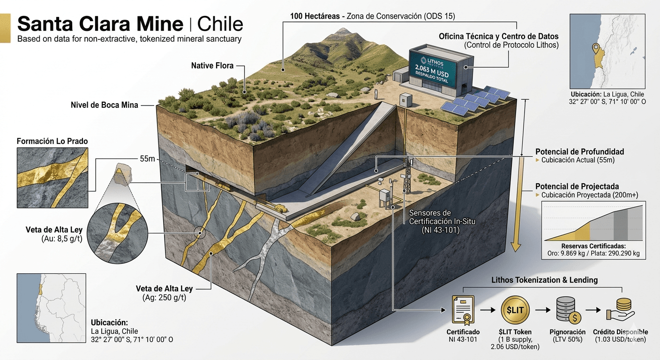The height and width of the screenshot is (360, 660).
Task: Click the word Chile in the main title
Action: click(x=220, y=24)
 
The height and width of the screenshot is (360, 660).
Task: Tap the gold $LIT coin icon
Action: click(x=515, y=310)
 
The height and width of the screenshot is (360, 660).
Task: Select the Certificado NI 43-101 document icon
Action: click(x=464, y=309)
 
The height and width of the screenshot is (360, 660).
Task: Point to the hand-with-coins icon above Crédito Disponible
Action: click(x=620, y=310)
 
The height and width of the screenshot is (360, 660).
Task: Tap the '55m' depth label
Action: click(x=147, y=159)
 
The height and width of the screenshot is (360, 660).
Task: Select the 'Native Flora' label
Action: click(x=212, y=66)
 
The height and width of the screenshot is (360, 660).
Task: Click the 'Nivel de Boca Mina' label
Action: click(x=105, y=105)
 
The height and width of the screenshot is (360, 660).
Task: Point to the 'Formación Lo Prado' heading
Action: click(x=52, y=141)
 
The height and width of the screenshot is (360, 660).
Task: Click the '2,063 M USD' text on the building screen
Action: click(x=431, y=71)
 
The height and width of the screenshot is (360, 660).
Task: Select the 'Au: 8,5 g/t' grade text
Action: click(x=62, y=239)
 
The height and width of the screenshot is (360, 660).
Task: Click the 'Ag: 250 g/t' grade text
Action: click(x=165, y=298)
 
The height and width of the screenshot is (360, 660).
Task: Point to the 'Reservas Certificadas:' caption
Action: click(x=593, y=246)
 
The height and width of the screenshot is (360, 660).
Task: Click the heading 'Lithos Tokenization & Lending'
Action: click(x=545, y=280)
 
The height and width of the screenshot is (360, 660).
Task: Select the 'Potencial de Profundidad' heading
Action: click(x=579, y=152)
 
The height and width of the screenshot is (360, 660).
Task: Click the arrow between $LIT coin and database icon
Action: click(x=543, y=310)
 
